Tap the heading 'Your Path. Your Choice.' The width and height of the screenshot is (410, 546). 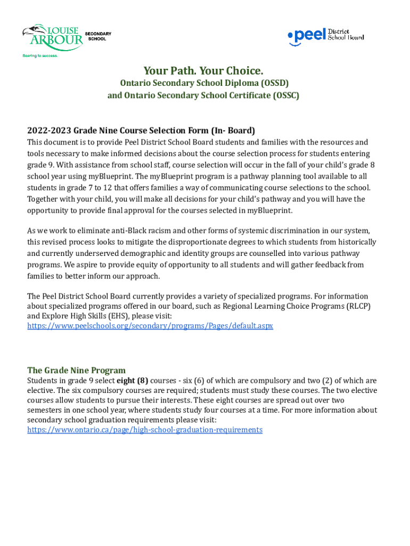[x=203, y=71]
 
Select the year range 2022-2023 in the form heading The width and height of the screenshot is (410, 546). [x=49, y=130]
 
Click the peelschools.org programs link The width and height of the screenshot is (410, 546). [x=150, y=325]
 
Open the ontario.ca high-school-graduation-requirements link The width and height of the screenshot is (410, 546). [x=145, y=430]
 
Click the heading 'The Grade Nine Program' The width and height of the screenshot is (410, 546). [x=77, y=370]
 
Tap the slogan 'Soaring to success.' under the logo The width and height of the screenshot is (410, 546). [x=39, y=55]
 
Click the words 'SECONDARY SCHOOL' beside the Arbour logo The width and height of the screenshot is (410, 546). [x=99, y=36]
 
